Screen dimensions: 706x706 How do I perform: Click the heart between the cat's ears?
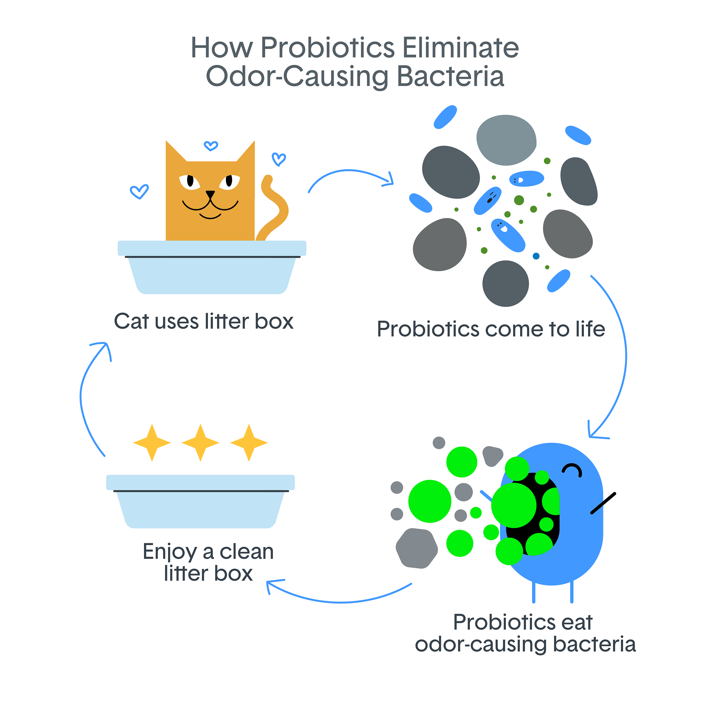pyautogui.click(x=211, y=146)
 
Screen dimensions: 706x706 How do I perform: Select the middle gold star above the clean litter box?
pyautogui.click(x=200, y=443)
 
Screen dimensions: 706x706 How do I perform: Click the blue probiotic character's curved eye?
pyautogui.click(x=572, y=469)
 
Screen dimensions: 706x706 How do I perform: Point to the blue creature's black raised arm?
pyautogui.click(x=603, y=504)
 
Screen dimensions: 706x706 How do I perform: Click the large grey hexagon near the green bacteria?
pyautogui.click(x=417, y=548)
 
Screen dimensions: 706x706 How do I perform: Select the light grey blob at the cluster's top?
pyautogui.click(x=506, y=140)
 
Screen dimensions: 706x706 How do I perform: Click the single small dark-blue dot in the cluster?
pyautogui.click(x=536, y=256)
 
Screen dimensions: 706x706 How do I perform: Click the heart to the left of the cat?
pyautogui.click(x=139, y=191)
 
